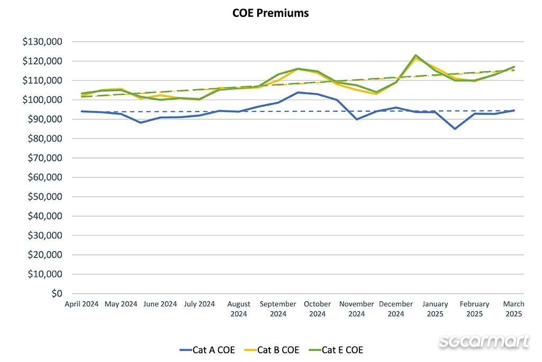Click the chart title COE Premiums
point(270,13)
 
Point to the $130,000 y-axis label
point(43,42)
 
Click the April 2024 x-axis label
point(82,304)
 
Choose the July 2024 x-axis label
point(200,304)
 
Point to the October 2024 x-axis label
point(317,309)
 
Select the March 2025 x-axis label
point(513,309)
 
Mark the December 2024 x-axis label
point(396,309)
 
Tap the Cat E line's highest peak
point(415,55)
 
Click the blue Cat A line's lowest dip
point(455,129)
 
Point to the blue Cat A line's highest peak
point(298,92)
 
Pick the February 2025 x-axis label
point(474,309)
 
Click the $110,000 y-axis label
point(43,81)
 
